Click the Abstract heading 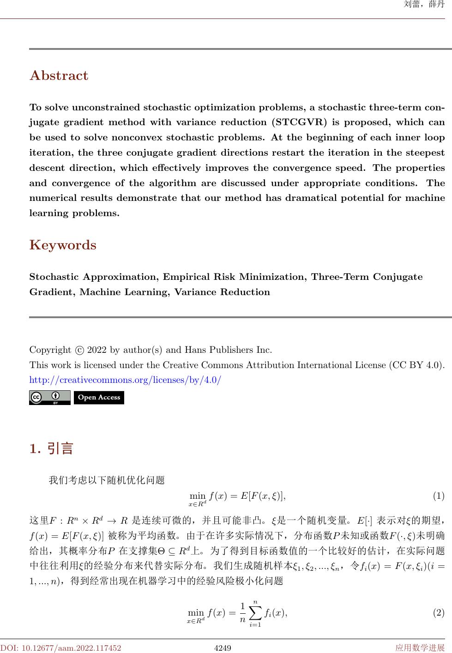tap(59, 76)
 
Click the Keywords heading tap(63, 245)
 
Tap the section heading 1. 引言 tap(51, 448)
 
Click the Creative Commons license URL tap(125, 381)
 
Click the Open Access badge tap(99, 397)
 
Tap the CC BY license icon tap(50, 397)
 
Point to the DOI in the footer tap(61, 648)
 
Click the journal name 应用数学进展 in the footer tap(420, 648)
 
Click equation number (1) tap(438, 496)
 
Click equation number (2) tap(438, 613)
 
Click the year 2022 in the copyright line tap(97, 350)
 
